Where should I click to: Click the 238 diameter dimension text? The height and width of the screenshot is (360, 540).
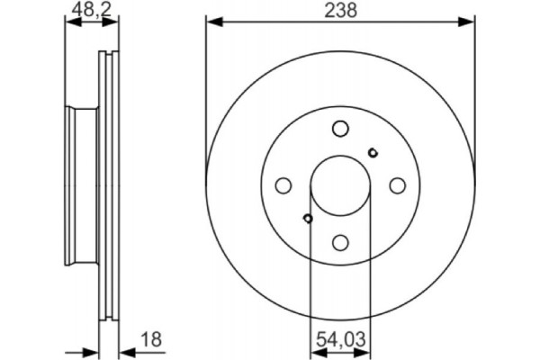[339, 11]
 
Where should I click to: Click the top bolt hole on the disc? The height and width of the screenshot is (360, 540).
[339, 129]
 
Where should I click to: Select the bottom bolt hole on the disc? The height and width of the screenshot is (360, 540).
[339, 242]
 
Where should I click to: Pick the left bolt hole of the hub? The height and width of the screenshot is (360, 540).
[283, 185]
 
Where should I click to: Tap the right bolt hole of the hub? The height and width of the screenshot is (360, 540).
[396, 185]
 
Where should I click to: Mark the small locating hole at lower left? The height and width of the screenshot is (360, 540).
[308, 219]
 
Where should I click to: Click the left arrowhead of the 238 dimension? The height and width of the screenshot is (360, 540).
[212, 21]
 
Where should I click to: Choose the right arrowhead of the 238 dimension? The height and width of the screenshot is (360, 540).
[468, 21]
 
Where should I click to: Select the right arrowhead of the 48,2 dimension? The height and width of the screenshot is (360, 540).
[114, 21]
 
